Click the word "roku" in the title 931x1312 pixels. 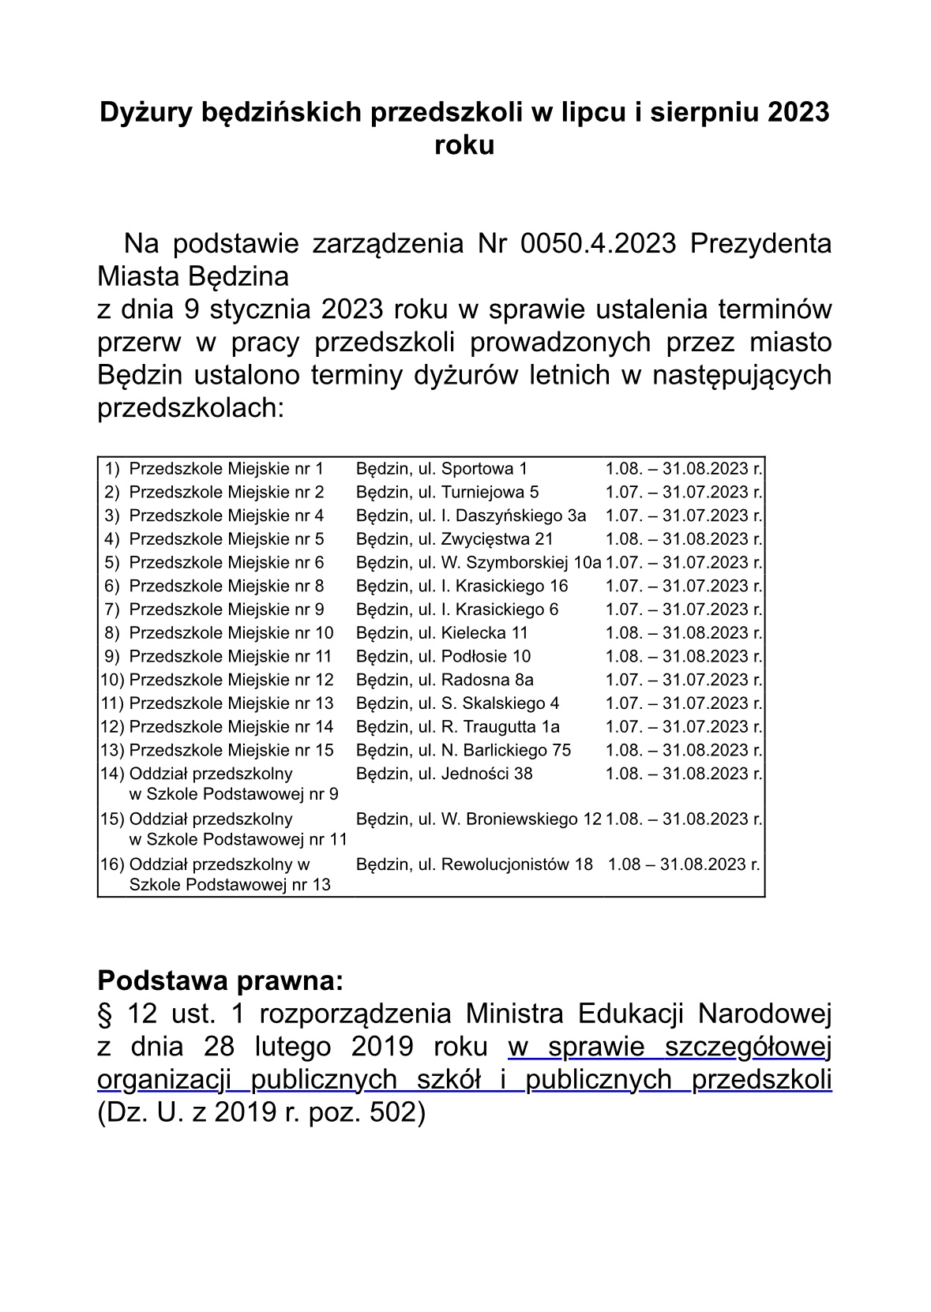464,146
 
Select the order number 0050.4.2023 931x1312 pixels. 599,243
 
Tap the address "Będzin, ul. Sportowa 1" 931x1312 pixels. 441,469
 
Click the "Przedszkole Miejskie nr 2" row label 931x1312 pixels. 226,493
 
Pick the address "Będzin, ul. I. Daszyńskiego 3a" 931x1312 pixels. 471,516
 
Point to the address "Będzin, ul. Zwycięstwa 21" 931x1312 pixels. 454,539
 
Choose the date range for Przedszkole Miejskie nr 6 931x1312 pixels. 684,563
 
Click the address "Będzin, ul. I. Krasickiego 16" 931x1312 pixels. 462,587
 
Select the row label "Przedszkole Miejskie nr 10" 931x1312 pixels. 231,633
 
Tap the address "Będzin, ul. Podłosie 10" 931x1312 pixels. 443,657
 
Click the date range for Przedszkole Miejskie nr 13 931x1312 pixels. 684,703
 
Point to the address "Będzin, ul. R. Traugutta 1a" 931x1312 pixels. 457,727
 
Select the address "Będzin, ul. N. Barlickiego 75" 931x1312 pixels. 463,750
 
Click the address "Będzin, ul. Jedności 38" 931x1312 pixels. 444,774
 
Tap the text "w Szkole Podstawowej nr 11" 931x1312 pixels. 238,840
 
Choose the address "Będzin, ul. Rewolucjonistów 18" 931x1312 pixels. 474,864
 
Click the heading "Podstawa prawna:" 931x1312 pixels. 220,981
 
